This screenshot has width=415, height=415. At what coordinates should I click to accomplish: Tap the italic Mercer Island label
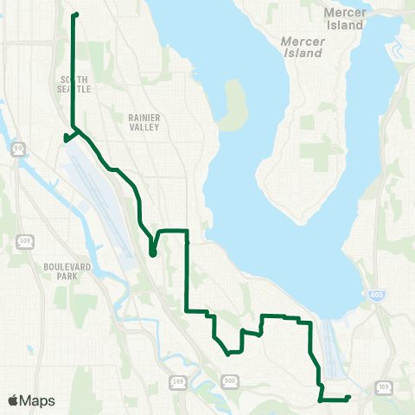tap(302, 47)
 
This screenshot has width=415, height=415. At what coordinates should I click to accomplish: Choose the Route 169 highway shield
tap(384, 386)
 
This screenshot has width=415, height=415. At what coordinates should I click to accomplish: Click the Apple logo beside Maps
tap(13, 401)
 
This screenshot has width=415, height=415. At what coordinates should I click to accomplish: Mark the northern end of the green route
tap(76, 15)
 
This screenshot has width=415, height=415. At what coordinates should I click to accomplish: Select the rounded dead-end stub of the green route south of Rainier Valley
tap(152, 253)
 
